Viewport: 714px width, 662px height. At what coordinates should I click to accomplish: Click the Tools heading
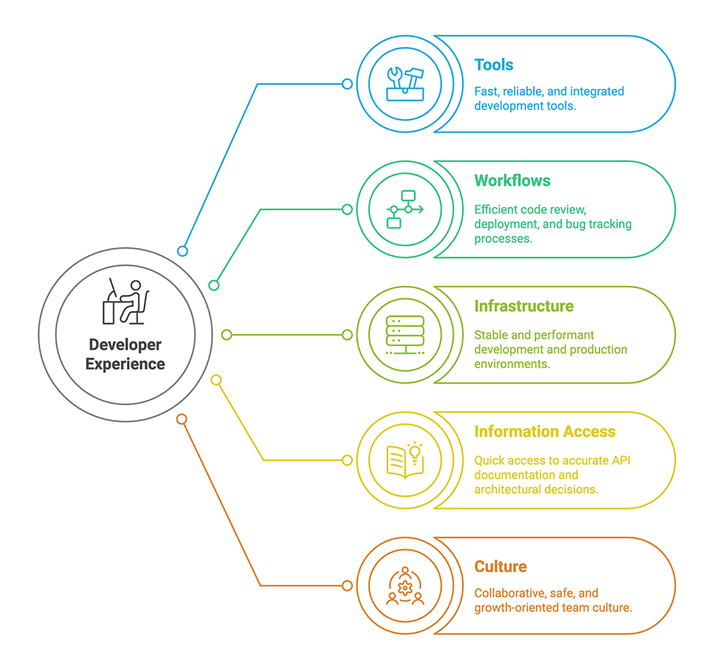click(x=493, y=65)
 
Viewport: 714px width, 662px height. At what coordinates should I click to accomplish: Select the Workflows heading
click(x=512, y=181)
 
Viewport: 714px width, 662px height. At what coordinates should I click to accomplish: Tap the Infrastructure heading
click(x=524, y=306)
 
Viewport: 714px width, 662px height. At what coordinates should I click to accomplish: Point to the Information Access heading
click(x=544, y=432)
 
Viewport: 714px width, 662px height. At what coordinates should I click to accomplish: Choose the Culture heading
click(x=500, y=567)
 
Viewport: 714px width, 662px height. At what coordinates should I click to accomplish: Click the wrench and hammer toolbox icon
click(x=405, y=83)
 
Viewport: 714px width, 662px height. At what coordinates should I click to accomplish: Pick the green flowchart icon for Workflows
click(x=405, y=210)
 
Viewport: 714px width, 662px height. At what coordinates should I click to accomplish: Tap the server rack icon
click(x=405, y=335)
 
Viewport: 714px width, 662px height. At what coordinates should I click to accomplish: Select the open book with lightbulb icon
click(x=405, y=460)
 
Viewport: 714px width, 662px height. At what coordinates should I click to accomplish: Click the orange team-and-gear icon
click(x=405, y=587)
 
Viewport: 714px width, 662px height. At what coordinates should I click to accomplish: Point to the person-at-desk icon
click(x=125, y=302)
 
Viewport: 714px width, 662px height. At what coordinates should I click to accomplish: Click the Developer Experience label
click(x=125, y=355)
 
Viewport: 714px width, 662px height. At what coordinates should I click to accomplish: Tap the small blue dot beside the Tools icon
click(x=347, y=84)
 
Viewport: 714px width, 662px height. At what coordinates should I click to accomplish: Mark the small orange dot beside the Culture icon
click(x=347, y=586)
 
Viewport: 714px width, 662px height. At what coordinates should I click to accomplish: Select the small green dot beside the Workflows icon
click(x=347, y=210)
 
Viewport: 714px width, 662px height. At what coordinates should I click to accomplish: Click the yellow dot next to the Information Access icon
click(x=347, y=460)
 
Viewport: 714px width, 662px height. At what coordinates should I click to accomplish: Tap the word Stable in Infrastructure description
click(x=491, y=335)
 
